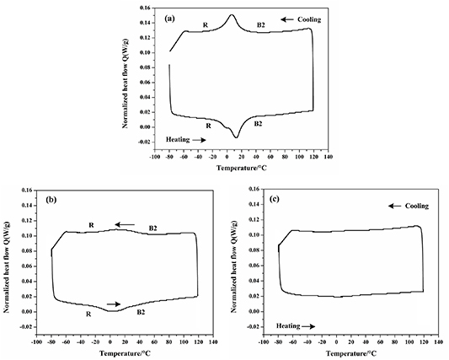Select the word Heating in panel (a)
pos(179,140)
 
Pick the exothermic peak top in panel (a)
pos(232,14)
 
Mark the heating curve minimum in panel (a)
pos(237,137)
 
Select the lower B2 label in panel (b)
pos(142,313)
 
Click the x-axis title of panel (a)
pos(243,169)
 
